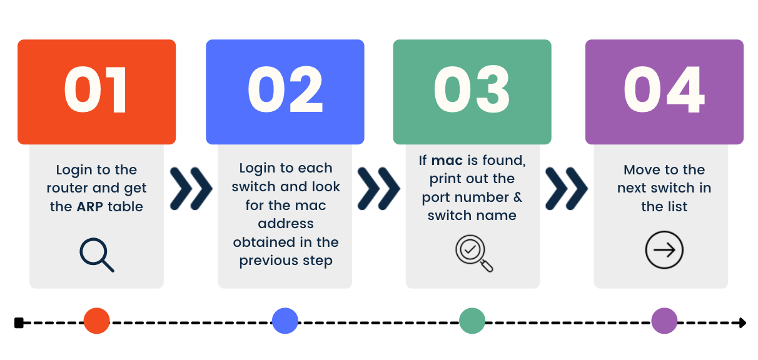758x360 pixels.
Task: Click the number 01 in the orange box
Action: click(x=95, y=89)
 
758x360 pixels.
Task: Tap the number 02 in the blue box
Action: click(x=285, y=89)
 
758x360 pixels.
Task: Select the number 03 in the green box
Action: click(x=472, y=89)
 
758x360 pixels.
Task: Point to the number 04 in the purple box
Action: click(x=664, y=89)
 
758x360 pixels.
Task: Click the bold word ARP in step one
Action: click(x=89, y=206)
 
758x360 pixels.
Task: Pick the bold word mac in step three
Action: click(x=447, y=161)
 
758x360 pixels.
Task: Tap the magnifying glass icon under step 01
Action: click(x=97, y=255)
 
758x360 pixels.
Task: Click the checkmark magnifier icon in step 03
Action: click(x=475, y=254)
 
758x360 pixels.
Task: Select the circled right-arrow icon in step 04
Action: click(x=664, y=250)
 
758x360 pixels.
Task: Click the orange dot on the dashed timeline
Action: click(x=96, y=321)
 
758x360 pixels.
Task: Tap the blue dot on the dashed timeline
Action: click(x=285, y=321)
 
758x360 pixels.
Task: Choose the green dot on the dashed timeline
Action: click(x=472, y=321)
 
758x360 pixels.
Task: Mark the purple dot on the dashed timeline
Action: click(x=664, y=321)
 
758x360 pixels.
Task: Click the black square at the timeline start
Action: click(x=19, y=323)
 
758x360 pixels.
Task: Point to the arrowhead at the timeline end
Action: click(x=743, y=323)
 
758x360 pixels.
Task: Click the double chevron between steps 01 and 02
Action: click(x=191, y=189)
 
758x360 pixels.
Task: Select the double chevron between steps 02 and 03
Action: click(x=379, y=189)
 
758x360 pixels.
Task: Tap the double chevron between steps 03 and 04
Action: click(x=567, y=189)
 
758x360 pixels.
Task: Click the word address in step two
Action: click(x=286, y=223)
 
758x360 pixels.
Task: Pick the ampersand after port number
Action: click(x=518, y=197)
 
